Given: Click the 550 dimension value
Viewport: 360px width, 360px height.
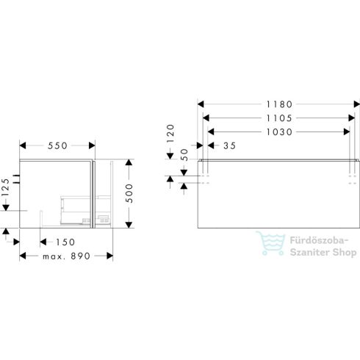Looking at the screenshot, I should (x=57, y=146).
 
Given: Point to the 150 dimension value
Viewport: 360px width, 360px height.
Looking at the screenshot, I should (x=64, y=242).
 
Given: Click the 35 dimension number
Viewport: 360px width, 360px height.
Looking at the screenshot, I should (x=228, y=146).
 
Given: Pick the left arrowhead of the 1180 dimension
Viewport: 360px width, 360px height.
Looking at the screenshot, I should (x=201, y=104).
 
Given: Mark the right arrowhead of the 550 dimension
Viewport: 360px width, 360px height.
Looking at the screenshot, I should (x=92, y=146).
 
